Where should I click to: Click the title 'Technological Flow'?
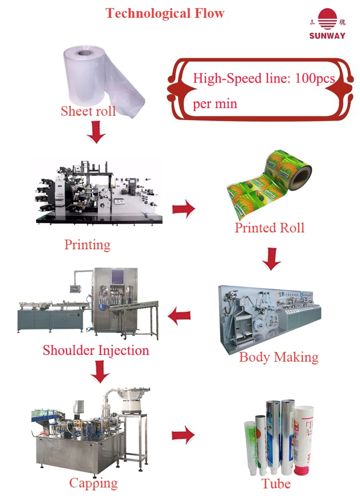[x=165, y=13]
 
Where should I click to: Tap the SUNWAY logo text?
[x=327, y=36]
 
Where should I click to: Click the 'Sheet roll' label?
[x=88, y=111]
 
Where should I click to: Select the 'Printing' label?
[x=87, y=244]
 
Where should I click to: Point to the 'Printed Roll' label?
[x=269, y=227]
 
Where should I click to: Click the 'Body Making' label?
[x=278, y=357]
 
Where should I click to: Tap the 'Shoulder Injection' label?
[x=96, y=350]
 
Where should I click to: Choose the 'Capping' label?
[x=93, y=483]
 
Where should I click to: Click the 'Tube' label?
[x=276, y=483]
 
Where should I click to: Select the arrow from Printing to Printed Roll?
[x=183, y=209]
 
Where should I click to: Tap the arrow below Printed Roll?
[x=271, y=259]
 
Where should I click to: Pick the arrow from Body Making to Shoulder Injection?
[x=179, y=316]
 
